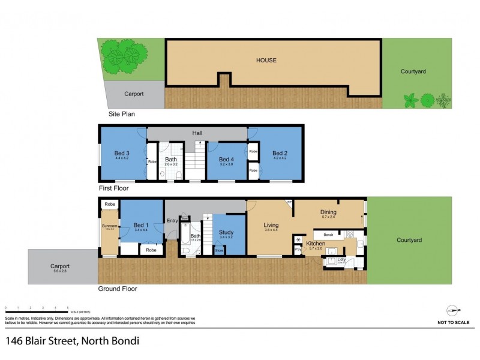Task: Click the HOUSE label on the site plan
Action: click(266, 60)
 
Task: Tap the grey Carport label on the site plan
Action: click(134, 94)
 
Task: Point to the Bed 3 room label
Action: click(122, 153)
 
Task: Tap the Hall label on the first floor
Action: click(197, 133)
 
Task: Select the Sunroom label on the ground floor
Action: click(109, 226)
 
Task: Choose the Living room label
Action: click(271, 226)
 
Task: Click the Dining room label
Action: click(328, 212)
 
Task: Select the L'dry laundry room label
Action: click(341, 259)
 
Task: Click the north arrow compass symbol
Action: click(453, 310)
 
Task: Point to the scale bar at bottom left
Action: click(36, 311)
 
